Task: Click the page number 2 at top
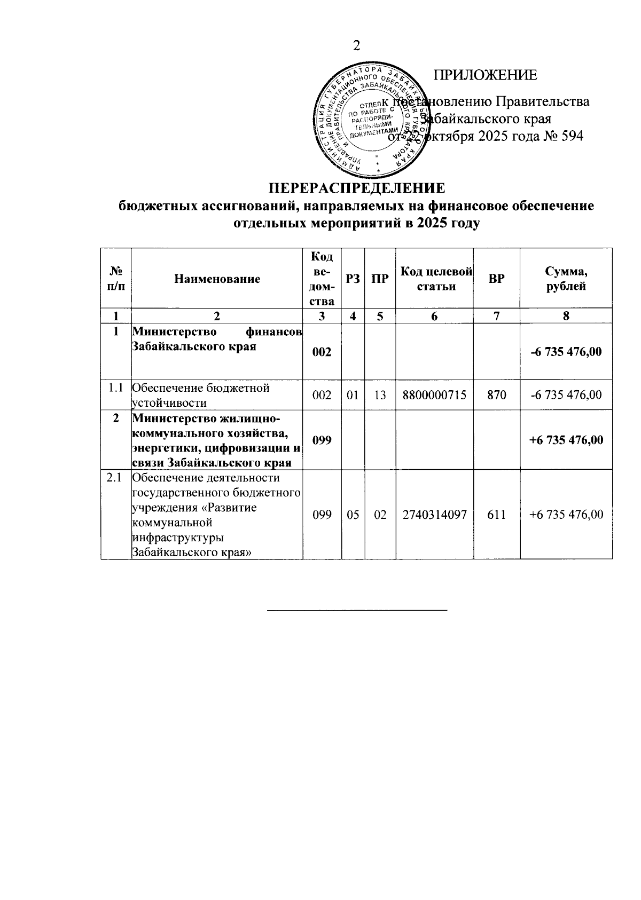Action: coord(356,46)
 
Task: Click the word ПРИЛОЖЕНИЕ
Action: coord(485,75)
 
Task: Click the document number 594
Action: coord(572,136)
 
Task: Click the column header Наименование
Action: coord(217,279)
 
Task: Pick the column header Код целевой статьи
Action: coord(434,279)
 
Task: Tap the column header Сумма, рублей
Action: coord(566,279)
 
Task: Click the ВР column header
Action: coord(496,279)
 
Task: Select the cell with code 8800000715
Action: coord(434,395)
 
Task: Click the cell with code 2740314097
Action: coord(434,515)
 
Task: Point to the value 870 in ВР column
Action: coord(496,395)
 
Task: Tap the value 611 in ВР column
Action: coord(496,515)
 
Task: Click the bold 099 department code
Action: coord(322,440)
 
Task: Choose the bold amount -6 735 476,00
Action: coord(566,352)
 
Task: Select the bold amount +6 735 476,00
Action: coord(566,440)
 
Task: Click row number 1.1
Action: coord(115,388)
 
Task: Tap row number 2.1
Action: coord(115,478)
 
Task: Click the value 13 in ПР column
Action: coord(380,395)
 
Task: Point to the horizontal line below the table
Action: coord(356,610)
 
